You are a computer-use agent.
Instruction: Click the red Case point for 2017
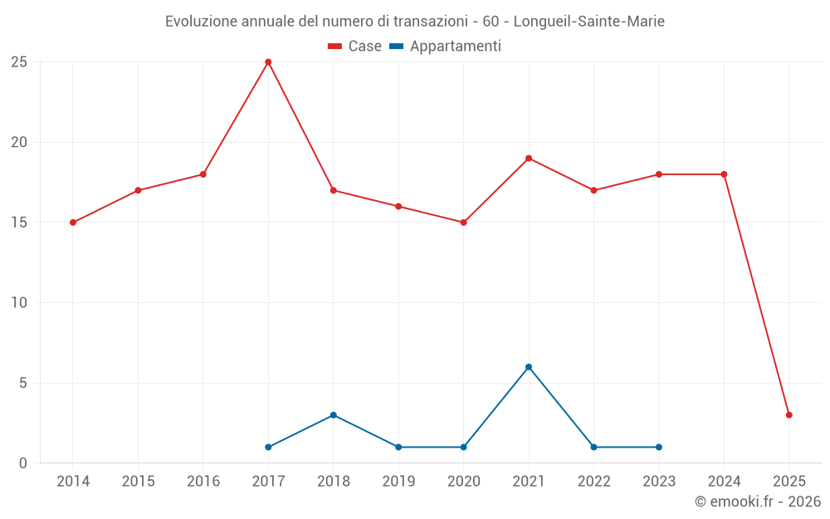pyautogui.click(x=268, y=62)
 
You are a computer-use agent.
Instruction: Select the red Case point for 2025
pyautogui.click(x=788, y=415)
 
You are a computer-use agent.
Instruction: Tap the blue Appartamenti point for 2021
pyautogui.click(x=529, y=367)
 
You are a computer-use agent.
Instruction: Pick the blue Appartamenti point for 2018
pyautogui.click(x=333, y=415)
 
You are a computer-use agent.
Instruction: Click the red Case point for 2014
pyautogui.click(x=73, y=223)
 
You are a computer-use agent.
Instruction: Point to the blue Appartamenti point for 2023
pyautogui.click(x=659, y=447)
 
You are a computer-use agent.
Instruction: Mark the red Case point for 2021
pyautogui.click(x=529, y=159)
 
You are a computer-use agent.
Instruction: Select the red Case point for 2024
pyautogui.click(x=724, y=174)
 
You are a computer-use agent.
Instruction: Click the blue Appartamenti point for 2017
pyautogui.click(x=268, y=447)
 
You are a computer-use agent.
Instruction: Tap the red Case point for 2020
pyautogui.click(x=463, y=223)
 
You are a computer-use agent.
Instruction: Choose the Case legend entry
pyautogui.click(x=355, y=47)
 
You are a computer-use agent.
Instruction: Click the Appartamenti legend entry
pyautogui.click(x=446, y=47)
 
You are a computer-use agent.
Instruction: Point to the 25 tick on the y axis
pyautogui.click(x=19, y=62)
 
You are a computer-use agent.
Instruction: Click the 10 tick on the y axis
pyautogui.click(x=19, y=303)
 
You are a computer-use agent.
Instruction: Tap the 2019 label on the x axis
pyautogui.click(x=398, y=482)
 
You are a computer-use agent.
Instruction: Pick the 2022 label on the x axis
pyautogui.click(x=593, y=482)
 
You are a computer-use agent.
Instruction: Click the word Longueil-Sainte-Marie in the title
pyautogui.click(x=594, y=22)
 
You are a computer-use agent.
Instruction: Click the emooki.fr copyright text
pyautogui.click(x=758, y=502)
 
